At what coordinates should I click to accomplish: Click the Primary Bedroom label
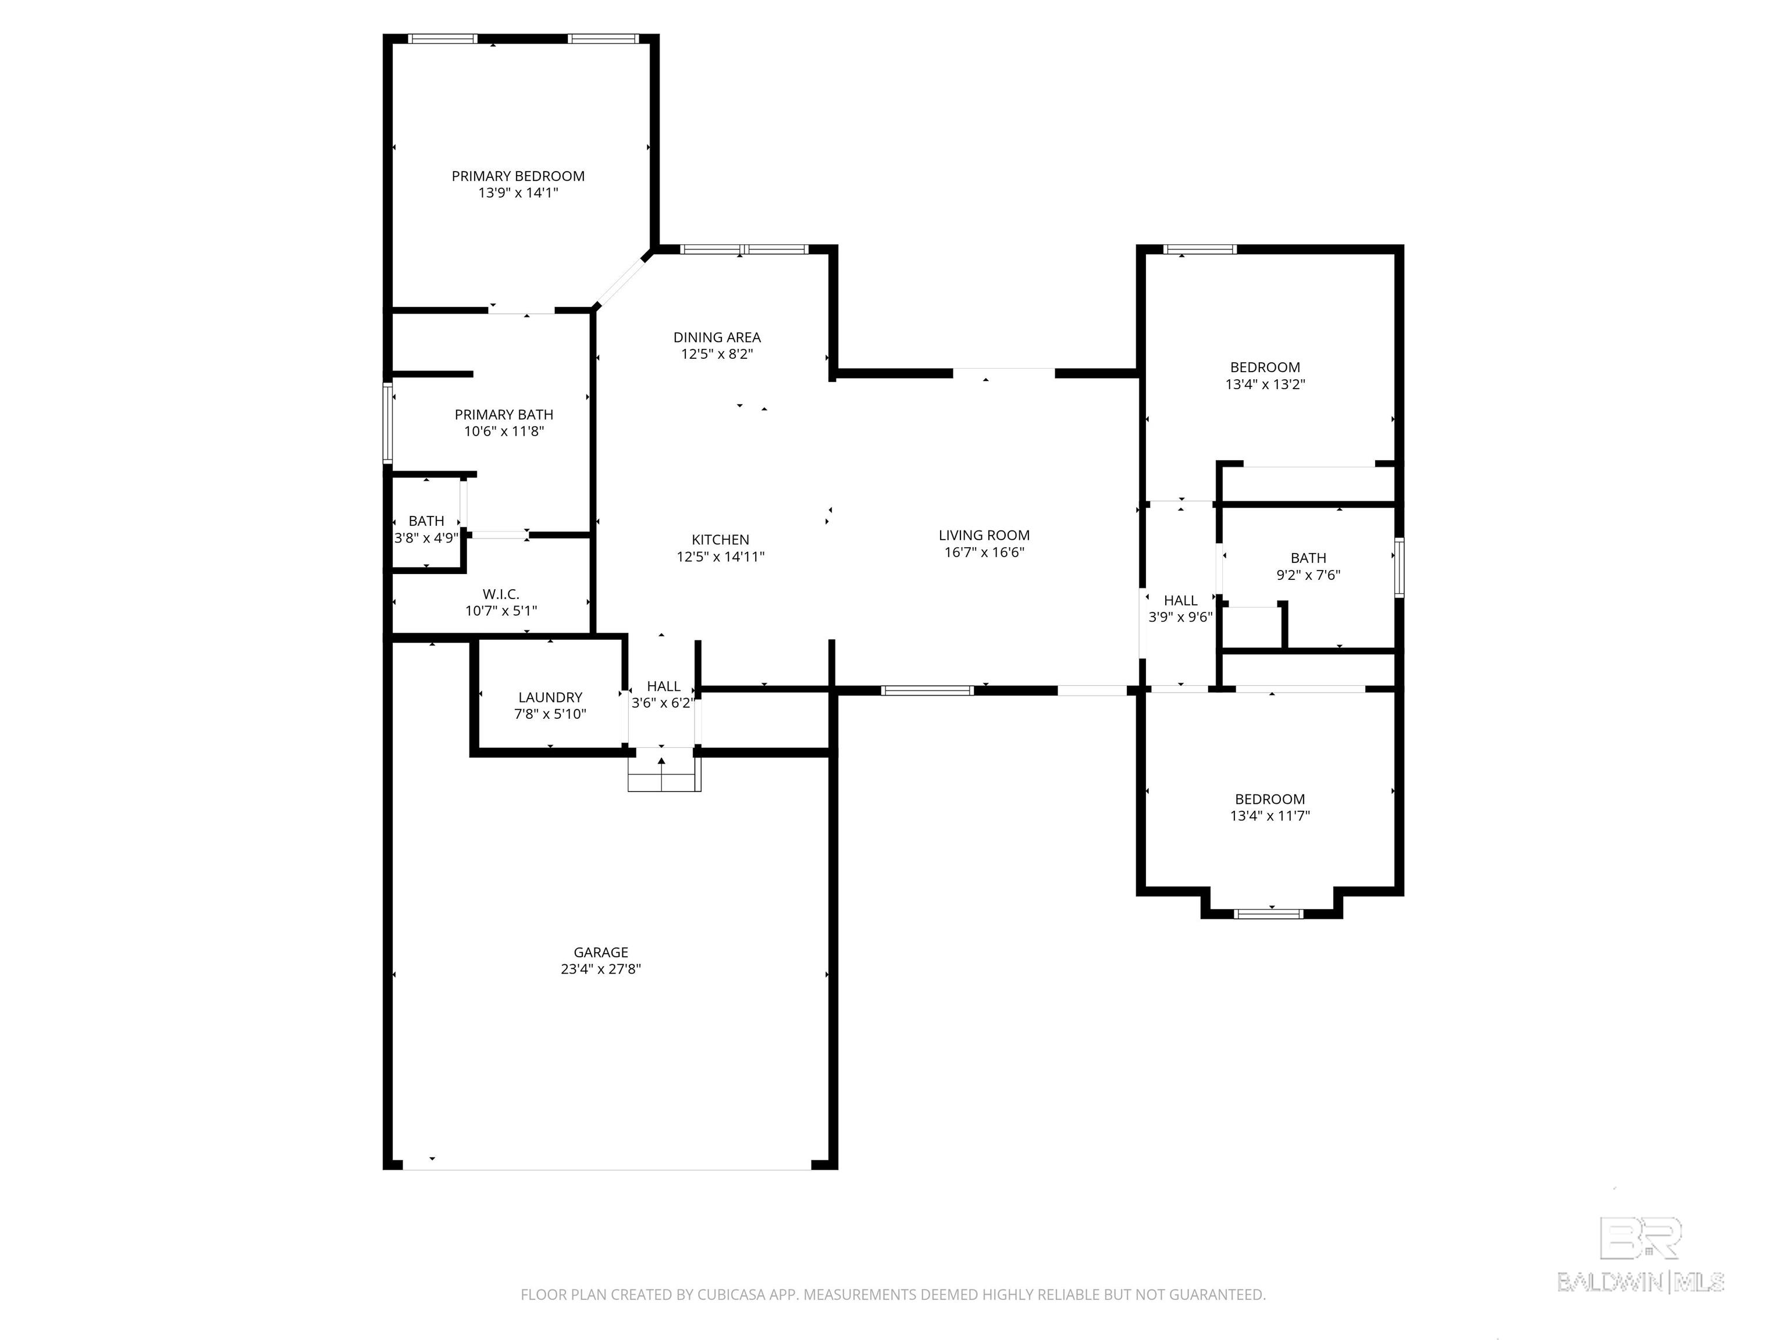[518, 176]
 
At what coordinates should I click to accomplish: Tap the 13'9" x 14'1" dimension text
[518, 193]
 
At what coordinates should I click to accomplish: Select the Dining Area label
[717, 338]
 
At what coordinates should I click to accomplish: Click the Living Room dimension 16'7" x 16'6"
[985, 553]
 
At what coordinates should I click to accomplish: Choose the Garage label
[601, 952]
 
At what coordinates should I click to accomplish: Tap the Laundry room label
[550, 697]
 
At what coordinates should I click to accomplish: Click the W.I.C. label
[501, 594]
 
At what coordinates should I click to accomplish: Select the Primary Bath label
[504, 414]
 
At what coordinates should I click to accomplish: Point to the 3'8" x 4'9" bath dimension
[426, 538]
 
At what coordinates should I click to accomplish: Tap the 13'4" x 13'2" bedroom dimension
[1265, 384]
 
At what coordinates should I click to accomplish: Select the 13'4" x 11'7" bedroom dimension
[1270, 816]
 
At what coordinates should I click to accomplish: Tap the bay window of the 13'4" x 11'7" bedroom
[1269, 914]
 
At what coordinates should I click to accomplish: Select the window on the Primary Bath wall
[388, 423]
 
